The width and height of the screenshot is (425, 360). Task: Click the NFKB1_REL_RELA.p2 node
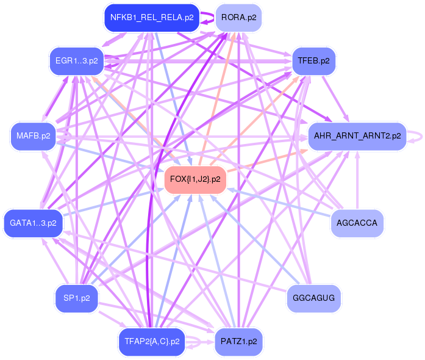152,17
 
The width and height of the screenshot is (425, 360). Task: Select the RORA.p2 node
238,18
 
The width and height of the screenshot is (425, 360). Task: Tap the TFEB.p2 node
314,61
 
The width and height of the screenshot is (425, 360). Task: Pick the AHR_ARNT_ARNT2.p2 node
357,135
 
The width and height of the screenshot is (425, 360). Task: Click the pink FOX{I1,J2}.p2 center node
195,179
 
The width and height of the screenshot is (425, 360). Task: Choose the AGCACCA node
357,223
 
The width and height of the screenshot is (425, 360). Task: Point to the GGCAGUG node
313,298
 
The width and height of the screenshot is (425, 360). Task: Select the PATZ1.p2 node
238,342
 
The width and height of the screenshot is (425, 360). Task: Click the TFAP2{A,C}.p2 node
151,342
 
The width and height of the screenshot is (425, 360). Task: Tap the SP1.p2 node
76,298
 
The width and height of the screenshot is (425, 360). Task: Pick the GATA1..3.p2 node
33,223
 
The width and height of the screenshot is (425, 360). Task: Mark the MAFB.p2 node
33,135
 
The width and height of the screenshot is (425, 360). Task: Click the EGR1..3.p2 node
76,61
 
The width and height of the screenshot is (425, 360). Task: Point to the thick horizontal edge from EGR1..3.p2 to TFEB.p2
195,61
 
